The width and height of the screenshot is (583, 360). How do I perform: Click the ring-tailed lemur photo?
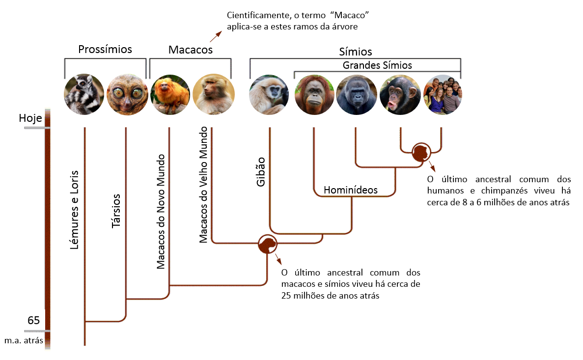84,94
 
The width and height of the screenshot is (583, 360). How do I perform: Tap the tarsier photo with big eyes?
127,94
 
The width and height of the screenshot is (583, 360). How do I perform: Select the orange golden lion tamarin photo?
170,94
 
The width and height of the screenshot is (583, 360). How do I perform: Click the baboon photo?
214,94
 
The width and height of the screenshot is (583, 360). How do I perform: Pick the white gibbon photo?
269,94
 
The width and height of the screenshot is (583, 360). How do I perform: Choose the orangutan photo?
314,94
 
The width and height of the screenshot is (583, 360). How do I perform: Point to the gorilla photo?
357,94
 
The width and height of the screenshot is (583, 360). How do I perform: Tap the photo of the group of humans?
443,94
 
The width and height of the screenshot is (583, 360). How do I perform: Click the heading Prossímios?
105,49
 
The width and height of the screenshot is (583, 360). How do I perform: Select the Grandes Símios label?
377,65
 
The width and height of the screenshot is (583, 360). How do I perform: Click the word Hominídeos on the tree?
350,190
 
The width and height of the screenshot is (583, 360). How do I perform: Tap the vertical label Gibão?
261,172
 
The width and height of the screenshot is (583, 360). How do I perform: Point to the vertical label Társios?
116,211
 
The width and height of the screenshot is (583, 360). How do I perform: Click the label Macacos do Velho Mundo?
203,185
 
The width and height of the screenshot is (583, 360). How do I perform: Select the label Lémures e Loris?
74,210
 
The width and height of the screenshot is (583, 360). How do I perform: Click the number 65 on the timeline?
33,320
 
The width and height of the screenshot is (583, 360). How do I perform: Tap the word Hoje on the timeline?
30,118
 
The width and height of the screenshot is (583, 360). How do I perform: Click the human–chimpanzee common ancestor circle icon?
421,152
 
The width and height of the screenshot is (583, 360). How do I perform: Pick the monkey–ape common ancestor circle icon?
267,244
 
